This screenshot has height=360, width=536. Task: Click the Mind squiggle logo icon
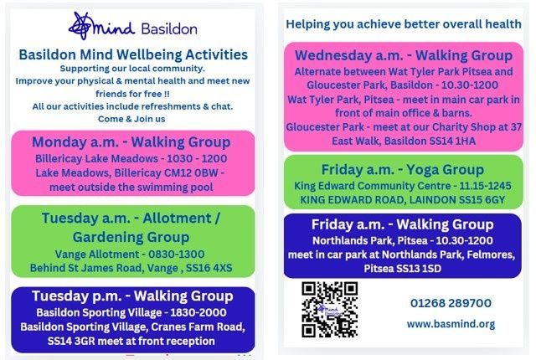click(x=81, y=26)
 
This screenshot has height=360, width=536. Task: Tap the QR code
click(x=329, y=310)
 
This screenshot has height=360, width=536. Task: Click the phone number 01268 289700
click(x=451, y=303)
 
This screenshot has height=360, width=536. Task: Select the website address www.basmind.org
click(x=451, y=324)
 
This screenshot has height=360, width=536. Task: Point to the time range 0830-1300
click(x=177, y=255)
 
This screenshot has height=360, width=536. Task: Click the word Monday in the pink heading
click(x=59, y=142)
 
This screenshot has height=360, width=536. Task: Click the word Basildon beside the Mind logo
click(x=169, y=29)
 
